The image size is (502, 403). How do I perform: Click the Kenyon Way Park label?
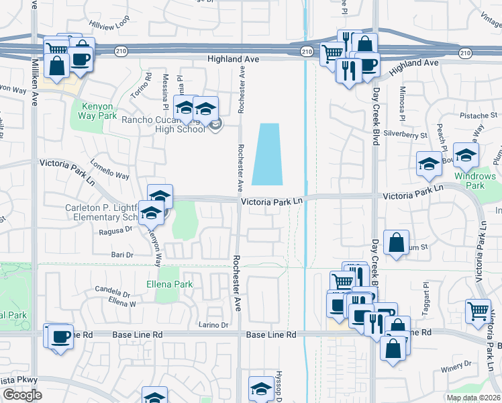[99, 111]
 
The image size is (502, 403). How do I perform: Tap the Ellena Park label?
[170, 284]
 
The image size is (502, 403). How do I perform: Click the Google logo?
[22, 395]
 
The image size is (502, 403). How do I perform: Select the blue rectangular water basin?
[268, 154]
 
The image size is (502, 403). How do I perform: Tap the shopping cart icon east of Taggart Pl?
[477, 310]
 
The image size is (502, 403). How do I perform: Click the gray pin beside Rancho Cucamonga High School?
[215, 125]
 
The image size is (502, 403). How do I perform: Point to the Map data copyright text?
[473, 398]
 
